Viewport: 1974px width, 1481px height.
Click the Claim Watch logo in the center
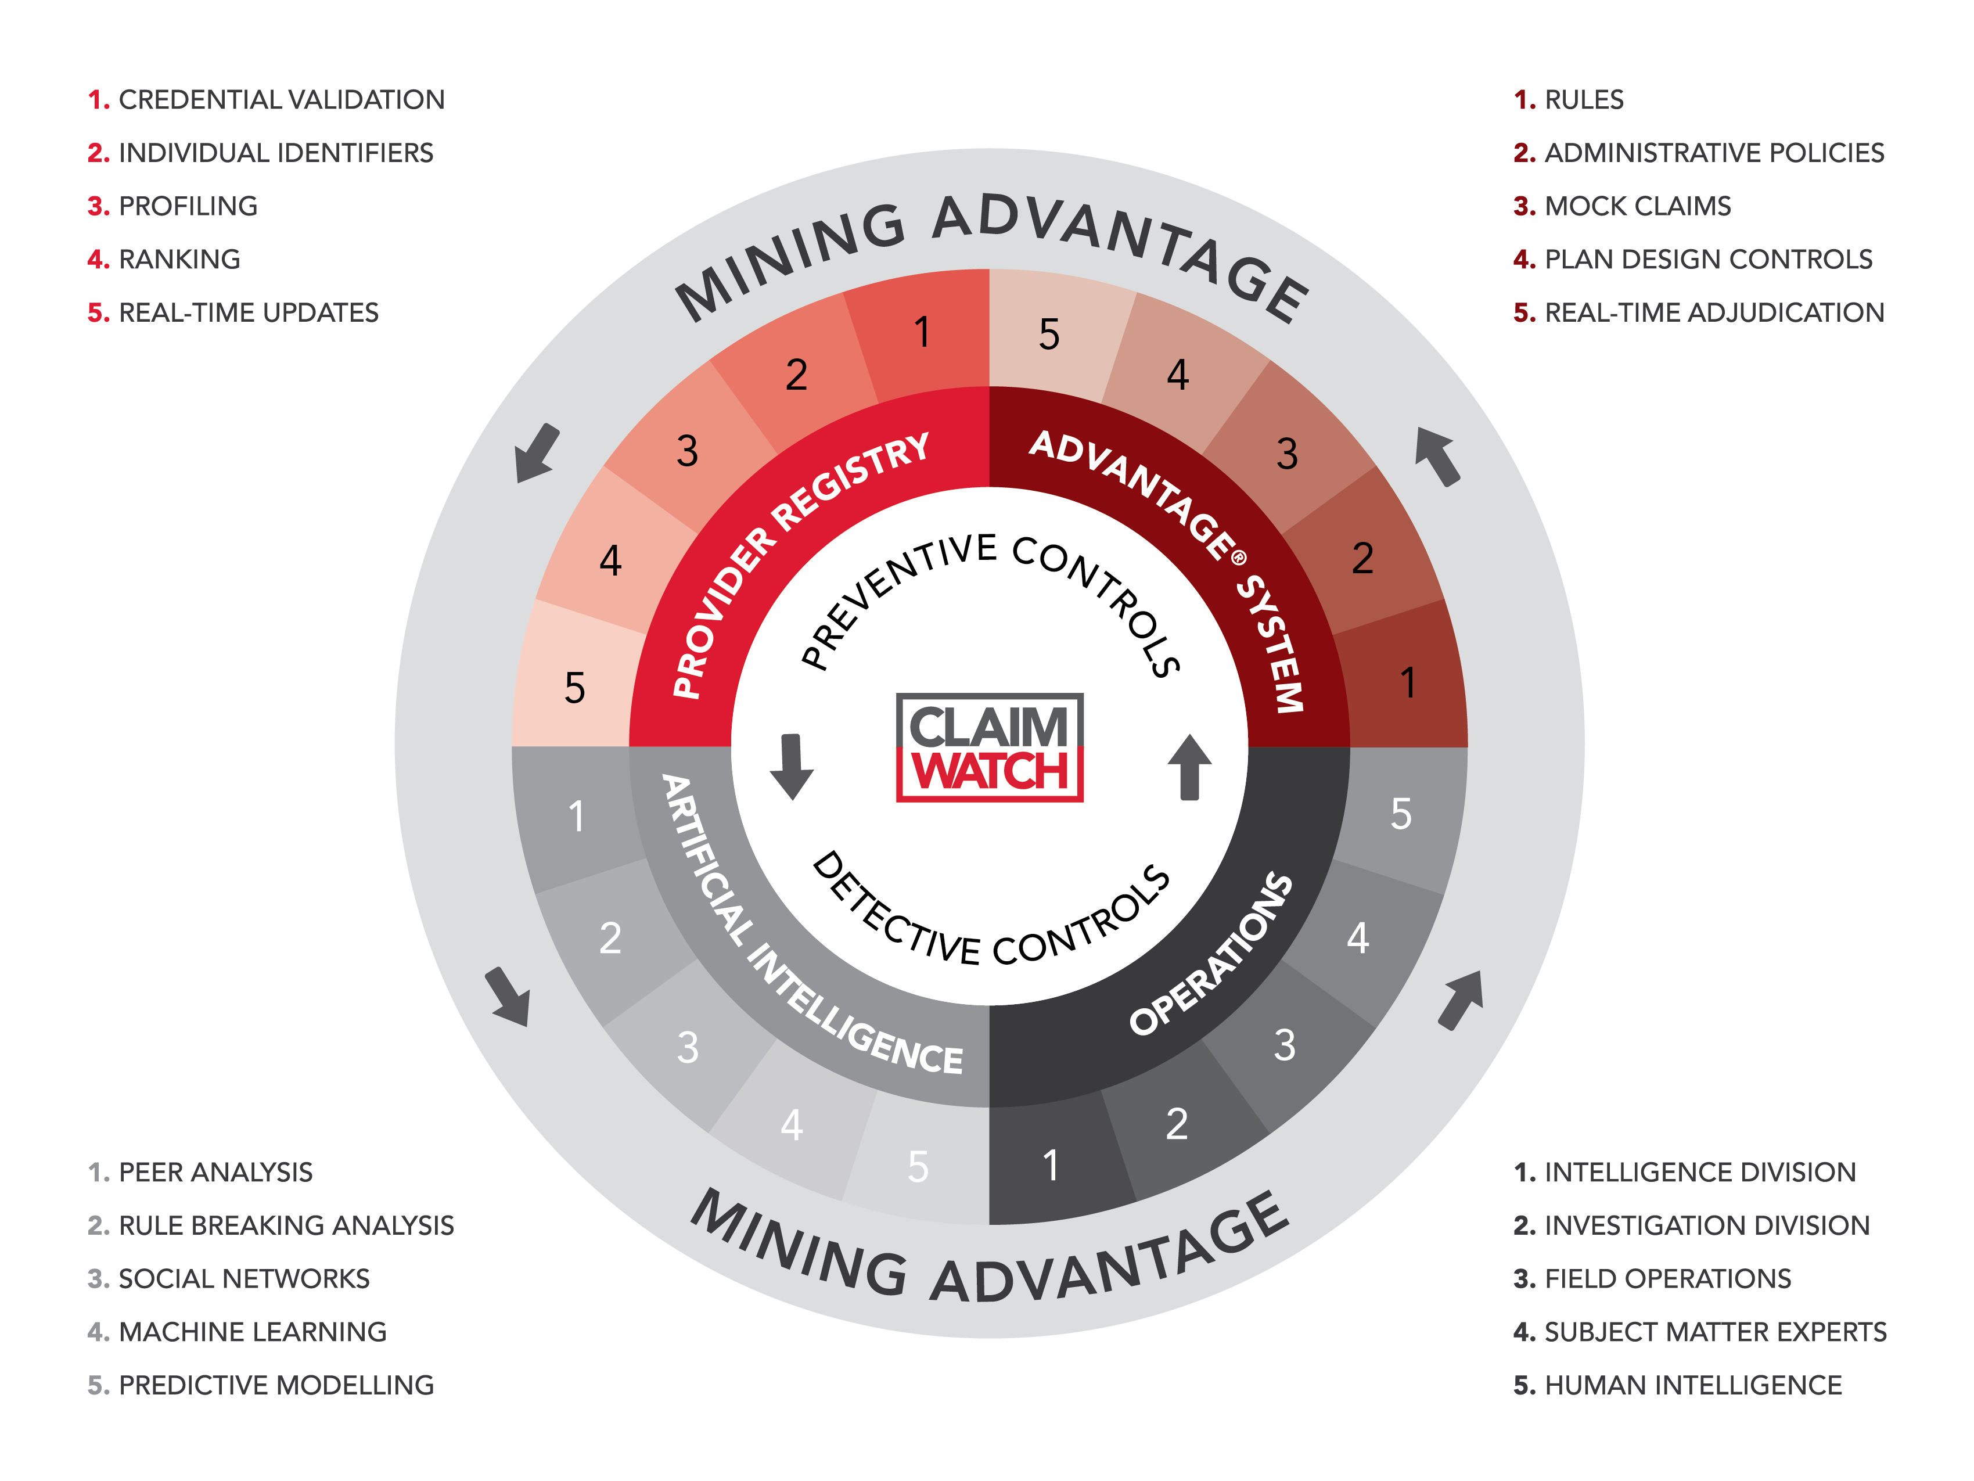point(989,747)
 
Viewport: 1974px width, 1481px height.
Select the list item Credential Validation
point(266,99)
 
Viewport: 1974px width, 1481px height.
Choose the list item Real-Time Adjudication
point(1699,312)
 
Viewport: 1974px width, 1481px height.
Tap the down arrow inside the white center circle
point(792,767)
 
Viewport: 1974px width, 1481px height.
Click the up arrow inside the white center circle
point(1189,767)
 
